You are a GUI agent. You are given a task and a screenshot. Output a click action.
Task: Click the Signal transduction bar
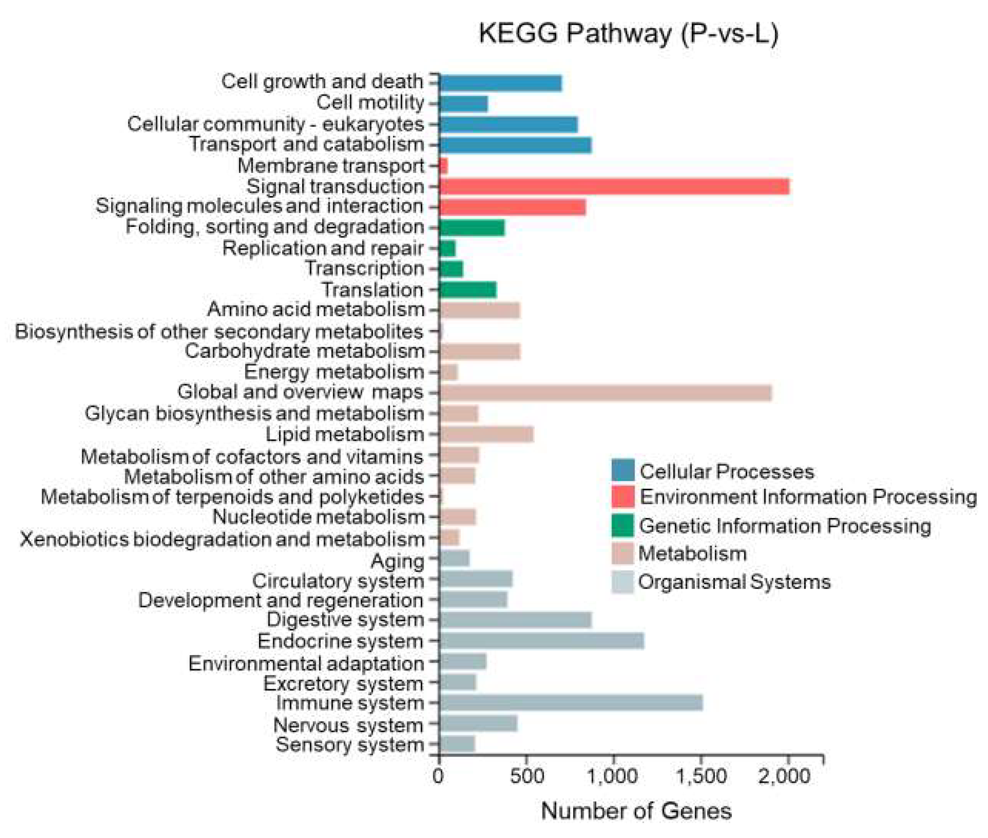point(614,187)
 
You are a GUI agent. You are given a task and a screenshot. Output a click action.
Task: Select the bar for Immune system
point(571,703)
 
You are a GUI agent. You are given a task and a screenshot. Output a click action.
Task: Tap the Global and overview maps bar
point(605,393)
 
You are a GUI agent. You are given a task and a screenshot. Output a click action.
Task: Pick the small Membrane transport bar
point(444,166)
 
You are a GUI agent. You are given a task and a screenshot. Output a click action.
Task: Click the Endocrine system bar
point(541,641)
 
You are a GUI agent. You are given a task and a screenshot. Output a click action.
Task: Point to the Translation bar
point(468,290)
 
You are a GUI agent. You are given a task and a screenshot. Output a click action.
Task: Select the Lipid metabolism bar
point(486,434)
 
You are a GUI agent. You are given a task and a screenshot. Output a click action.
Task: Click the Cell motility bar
point(464,104)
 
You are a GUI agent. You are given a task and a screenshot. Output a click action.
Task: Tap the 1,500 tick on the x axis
point(701,776)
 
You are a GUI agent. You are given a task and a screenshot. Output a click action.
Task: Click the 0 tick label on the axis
point(438,776)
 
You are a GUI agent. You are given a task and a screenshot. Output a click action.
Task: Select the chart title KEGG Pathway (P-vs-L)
point(628,34)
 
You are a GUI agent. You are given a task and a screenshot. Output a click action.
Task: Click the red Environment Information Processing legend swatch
point(622,496)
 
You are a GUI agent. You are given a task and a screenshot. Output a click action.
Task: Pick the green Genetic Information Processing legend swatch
point(622,526)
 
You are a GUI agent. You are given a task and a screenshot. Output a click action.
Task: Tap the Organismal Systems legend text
point(734,582)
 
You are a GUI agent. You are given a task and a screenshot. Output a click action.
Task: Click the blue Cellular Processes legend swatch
point(622,470)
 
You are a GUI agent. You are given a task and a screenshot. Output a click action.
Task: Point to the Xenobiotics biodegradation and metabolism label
point(222,540)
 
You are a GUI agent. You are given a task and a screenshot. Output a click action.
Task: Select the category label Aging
point(397,561)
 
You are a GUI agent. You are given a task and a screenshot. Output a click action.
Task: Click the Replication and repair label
point(323,249)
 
